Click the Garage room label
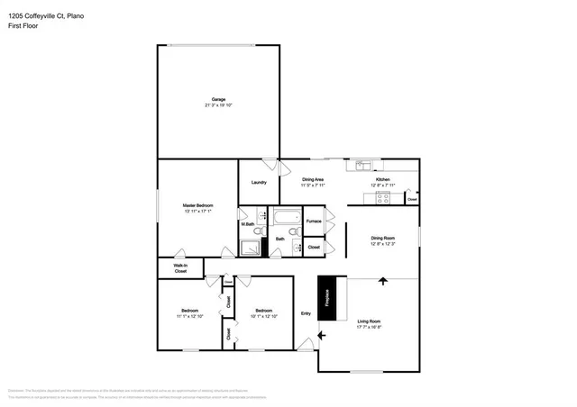point(218,99)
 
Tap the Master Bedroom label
point(197,206)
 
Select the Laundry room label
point(259,183)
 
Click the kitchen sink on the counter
point(362,164)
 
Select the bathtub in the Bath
point(287,217)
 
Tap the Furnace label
point(314,221)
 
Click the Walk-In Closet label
point(180,267)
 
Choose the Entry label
point(306,313)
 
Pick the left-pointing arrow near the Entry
point(321,336)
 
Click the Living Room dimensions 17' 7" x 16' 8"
point(370,328)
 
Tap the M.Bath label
point(247,223)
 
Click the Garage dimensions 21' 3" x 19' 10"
point(218,105)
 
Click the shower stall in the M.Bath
point(249,249)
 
